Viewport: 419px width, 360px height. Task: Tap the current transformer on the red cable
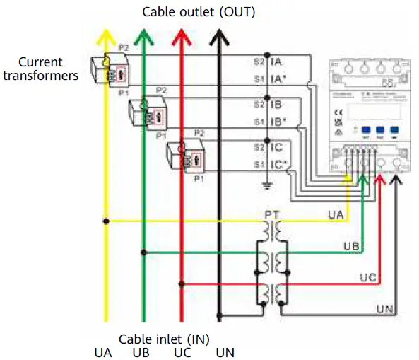(x=187, y=156)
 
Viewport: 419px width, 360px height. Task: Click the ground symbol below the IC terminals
(x=266, y=186)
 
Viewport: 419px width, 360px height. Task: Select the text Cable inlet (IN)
(x=164, y=339)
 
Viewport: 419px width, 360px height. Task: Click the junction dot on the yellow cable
(x=105, y=221)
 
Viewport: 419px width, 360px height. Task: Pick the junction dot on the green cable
(x=144, y=252)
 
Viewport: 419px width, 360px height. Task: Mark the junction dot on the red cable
(x=183, y=284)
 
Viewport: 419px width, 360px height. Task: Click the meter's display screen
(x=365, y=112)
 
